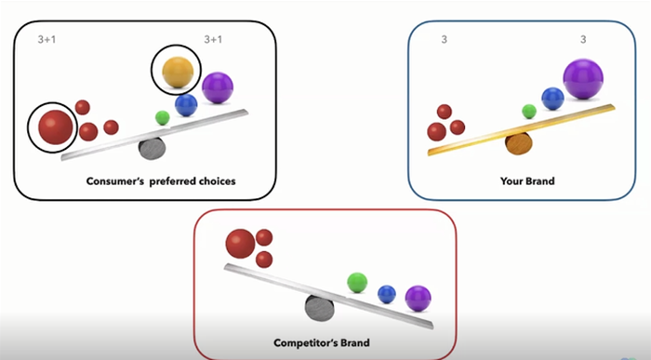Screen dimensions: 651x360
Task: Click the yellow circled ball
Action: (178, 73)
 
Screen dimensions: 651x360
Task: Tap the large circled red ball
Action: (55, 127)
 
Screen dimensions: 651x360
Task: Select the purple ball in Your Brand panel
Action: (583, 79)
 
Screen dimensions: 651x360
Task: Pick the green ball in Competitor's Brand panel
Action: (357, 283)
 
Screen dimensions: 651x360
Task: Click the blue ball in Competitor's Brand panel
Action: (387, 294)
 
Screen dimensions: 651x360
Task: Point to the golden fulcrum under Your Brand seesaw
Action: (519, 144)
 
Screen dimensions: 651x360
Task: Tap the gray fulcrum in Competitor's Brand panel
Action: (319, 308)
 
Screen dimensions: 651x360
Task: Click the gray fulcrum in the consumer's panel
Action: (152, 148)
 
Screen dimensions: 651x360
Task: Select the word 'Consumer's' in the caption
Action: (115, 181)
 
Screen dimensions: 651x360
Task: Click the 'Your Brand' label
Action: (527, 181)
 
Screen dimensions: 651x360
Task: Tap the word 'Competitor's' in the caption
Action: (305, 343)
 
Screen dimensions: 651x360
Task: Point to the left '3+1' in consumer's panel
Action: (46, 39)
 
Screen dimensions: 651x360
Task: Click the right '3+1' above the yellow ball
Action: (213, 39)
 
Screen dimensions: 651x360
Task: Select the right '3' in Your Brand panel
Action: (583, 39)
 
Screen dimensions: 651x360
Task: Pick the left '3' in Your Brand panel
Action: (444, 39)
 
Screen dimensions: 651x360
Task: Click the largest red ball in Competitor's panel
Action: (240, 244)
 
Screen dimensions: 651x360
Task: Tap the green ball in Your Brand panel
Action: (529, 112)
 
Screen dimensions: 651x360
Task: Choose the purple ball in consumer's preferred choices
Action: (218, 87)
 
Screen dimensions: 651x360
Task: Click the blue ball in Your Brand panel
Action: (552, 99)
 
